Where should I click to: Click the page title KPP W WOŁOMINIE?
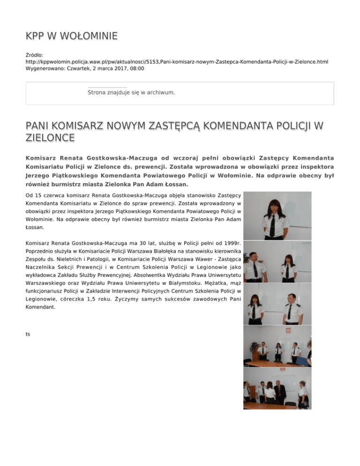pyautogui.click(x=71, y=36)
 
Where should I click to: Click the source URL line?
pyautogui.click(x=177, y=61)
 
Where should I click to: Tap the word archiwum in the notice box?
pyautogui.click(x=160, y=92)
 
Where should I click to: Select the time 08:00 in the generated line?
pyautogui.click(x=136, y=68)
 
